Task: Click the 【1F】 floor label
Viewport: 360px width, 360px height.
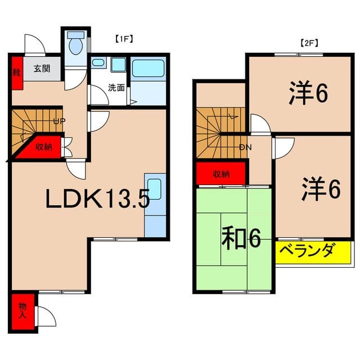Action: (x=123, y=39)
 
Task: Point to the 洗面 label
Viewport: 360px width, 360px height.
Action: (x=117, y=88)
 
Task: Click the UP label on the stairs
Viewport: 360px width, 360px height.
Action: (x=58, y=121)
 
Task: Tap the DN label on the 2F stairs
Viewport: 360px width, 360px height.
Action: (x=245, y=147)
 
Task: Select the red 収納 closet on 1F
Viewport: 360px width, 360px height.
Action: (x=44, y=147)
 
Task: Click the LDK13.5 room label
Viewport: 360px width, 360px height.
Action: (x=97, y=199)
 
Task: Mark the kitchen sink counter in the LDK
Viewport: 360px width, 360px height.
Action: (x=155, y=205)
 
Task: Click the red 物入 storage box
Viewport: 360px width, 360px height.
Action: (x=22, y=310)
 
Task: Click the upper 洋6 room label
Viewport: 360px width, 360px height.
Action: (x=308, y=93)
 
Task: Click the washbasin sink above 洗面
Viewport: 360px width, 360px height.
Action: (x=118, y=65)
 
